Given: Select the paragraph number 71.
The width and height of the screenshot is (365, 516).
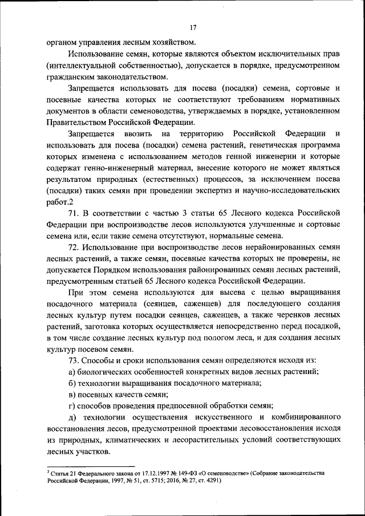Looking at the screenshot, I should point(74,213).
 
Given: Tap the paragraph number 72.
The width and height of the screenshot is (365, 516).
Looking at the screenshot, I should point(74,247).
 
